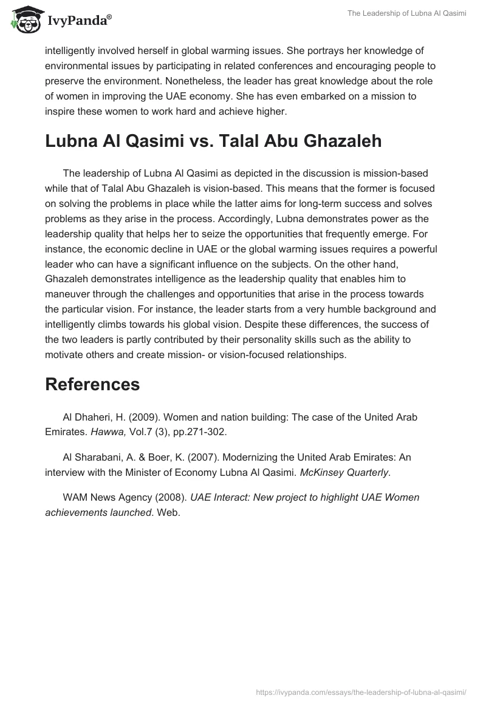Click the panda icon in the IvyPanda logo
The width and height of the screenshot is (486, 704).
24,20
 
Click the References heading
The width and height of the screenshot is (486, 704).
92,384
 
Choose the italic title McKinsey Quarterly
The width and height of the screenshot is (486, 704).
344,472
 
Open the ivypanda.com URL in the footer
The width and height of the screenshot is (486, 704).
360,691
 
